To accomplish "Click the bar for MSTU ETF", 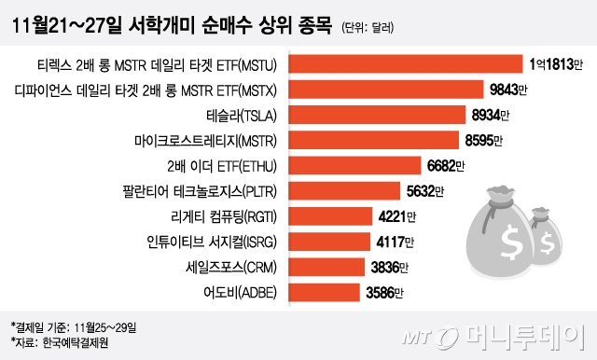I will pos(407,64).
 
